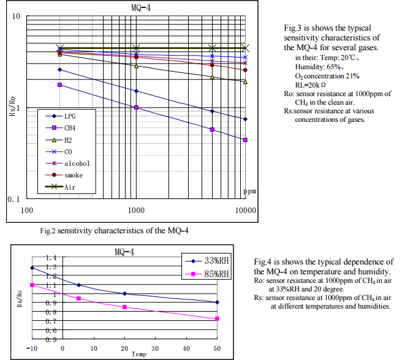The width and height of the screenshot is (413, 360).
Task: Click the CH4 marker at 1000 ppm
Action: (x=136, y=107)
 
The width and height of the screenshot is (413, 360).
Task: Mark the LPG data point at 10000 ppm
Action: (x=245, y=119)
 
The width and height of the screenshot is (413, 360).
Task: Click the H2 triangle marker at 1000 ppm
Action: (x=136, y=66)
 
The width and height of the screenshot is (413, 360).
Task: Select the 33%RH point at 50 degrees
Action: (x=218, y=302)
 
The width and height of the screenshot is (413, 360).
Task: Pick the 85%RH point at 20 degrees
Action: (x=124, y=307)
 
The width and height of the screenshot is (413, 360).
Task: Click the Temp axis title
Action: (x=138, y=353)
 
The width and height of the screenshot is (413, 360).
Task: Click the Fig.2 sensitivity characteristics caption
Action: (x=114, y=230)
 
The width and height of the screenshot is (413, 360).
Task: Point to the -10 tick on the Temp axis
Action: (x=32, y=348)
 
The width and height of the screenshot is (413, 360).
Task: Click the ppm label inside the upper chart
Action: (x=250, y=191)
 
